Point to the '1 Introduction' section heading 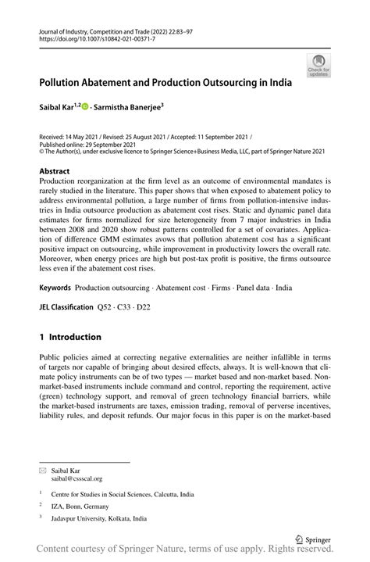[70, 337]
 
